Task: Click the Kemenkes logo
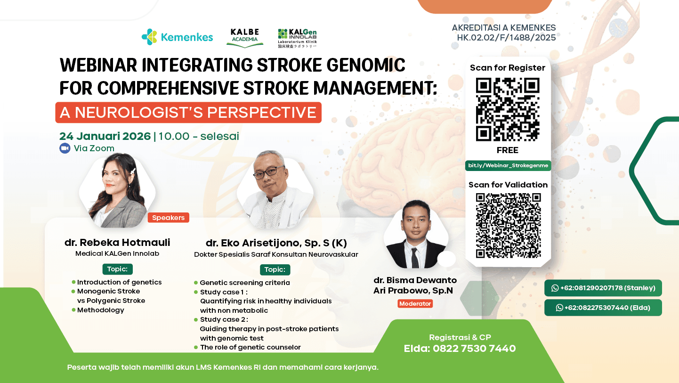point(177,37)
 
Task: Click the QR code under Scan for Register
point(508,109)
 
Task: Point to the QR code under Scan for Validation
point(508,226)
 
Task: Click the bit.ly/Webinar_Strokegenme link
point(508,165)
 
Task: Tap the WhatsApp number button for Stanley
point(603,288)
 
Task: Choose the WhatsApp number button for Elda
point(603,308)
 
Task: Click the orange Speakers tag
point(168,218)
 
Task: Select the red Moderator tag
point(415,304)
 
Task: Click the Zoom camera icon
point(65,148)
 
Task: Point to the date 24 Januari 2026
point(105,137)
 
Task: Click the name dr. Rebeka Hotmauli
point(117,243)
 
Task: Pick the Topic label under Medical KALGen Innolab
point(117,269)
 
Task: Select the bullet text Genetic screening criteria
point(244,283)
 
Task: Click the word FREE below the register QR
point(507,150)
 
